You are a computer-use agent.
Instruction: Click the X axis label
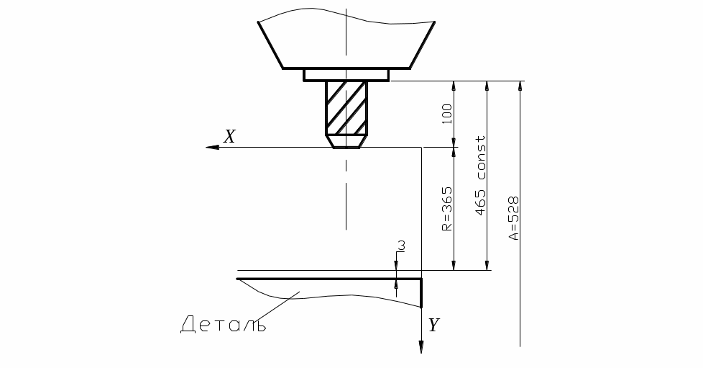[229, 136]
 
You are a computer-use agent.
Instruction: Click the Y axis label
[433, 324]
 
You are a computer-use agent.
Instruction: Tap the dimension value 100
[447, 114]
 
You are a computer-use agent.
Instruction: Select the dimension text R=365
[447, 209]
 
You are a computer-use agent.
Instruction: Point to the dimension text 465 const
[480, 175]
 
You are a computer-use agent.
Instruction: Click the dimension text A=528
[513, 218]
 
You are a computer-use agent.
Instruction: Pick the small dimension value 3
[402, 246]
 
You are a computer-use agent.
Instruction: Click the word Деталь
[224, 324]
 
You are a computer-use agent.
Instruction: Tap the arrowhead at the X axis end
[212, 148]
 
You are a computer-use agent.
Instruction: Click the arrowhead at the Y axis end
[421, 347]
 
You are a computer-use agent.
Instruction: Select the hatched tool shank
[346, 108]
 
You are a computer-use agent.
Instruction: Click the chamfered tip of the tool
[346, 142]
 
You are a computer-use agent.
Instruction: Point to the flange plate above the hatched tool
[346, 75]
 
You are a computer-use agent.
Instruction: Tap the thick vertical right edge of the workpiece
[421, 293]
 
